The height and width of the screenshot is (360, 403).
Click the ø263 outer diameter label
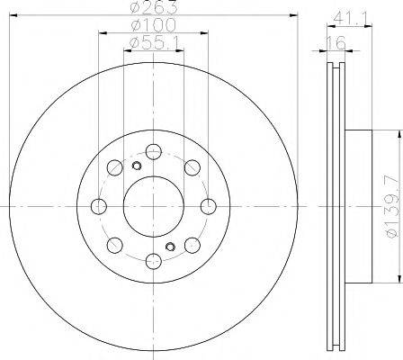click(154, 7)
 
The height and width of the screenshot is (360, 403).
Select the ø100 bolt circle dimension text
click(154, 25)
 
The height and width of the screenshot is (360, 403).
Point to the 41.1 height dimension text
click(349, 19)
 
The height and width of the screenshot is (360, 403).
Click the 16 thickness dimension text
click(336, 43)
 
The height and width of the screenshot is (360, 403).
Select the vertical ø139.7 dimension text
click(393, 207)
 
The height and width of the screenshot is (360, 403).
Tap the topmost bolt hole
click(154, 152)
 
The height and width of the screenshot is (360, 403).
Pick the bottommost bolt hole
click(154, 261)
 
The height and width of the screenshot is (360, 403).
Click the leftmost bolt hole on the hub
click(99, 206)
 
